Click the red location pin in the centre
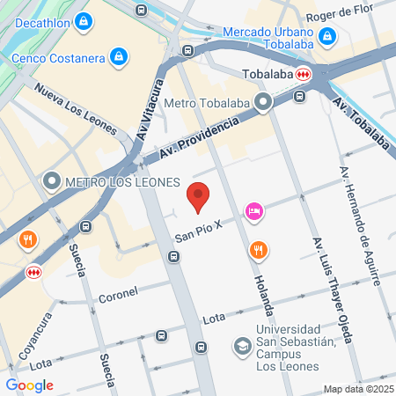click(x=199, y=198)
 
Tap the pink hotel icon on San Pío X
click(x=254, y=210)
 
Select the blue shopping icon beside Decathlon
click(x=84, y=20)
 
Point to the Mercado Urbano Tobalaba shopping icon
click(x=327, y=37)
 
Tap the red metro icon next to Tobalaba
click(x=304, y=74)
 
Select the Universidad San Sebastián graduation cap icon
click(x=241, y=346)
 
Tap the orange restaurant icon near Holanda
click(x=257, y=249)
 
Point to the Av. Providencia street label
click(x=201, y=140)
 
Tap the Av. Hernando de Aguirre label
click(x=361, y=226)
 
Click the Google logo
click(x=29, y=385)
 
